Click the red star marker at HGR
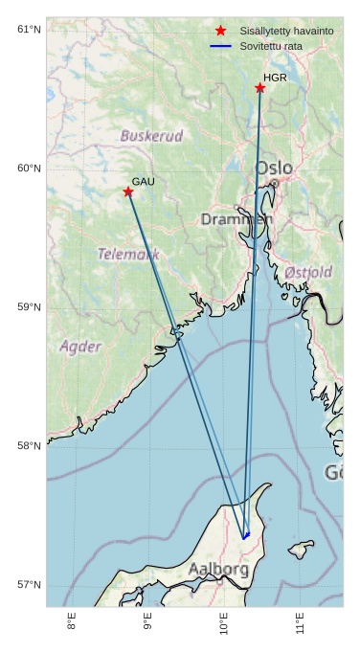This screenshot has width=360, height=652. [259, 88]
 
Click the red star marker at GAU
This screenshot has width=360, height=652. [128, 191]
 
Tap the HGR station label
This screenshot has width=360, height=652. [275, 78]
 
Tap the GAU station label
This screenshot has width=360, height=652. [143, 181]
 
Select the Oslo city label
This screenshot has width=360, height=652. [274, 169]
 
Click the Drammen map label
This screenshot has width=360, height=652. [236, 219]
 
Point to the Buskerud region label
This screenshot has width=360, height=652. [151, 136]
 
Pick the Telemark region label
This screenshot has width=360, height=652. [128, 254]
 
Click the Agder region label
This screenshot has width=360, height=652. [79, 346]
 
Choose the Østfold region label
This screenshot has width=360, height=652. [308, 272]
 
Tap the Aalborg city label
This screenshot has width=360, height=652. [218, 570]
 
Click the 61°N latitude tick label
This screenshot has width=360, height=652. [30, 30]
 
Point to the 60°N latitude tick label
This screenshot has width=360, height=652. [30, 169]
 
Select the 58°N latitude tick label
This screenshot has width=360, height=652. [30, 446]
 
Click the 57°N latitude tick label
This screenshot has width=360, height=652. [30, 585]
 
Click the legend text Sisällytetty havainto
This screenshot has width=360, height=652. [286, 32]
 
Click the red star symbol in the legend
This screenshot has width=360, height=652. [221, 32]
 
